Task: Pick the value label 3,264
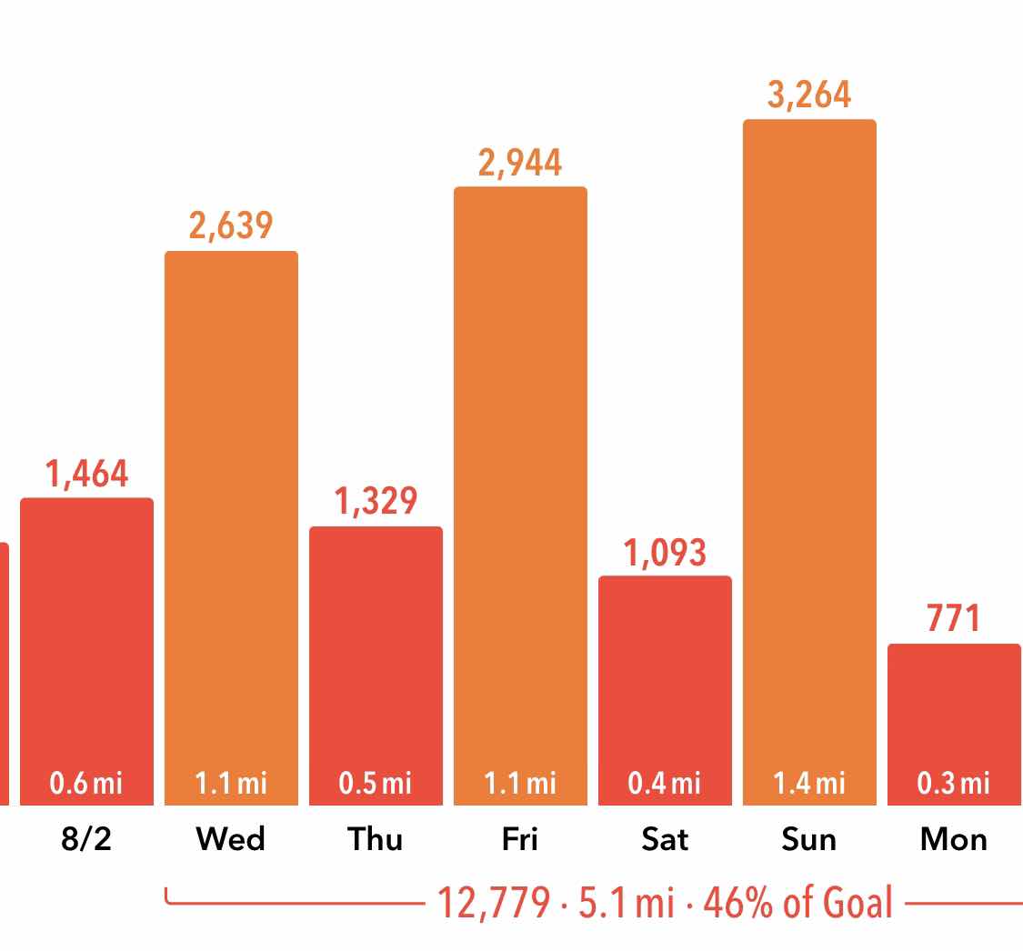(x=809, y=95)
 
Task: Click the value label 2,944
(x=520, y=163)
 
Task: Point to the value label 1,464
(x=86, y=474)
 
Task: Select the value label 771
(x=954, y=619)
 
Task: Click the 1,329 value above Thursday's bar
(x=376, y=502)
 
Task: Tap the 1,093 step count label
(x=665, y=552)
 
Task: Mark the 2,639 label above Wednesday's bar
(x=231, y=225)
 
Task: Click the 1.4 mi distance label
(x=809, y=782)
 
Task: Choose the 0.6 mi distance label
(x=86, y=782)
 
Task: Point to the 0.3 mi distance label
(x=954, y=782)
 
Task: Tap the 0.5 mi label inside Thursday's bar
(x=376, y=782)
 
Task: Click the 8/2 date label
(x=86, y=838)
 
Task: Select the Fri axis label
(x=520, y=838)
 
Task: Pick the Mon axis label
(x=954, y=838)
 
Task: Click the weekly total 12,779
(x=494, y=902)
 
